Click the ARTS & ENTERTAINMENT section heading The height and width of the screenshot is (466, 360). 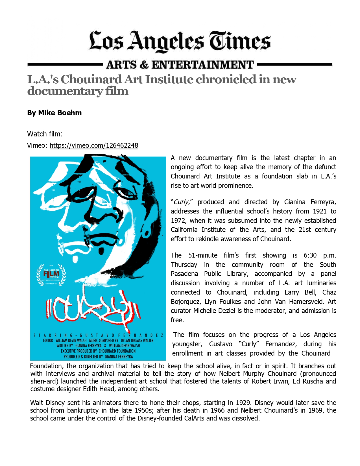(x=180, y=65)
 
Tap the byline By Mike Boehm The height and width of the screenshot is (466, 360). (x=54, y=113)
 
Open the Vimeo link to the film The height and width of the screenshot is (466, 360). (x=94, y=145)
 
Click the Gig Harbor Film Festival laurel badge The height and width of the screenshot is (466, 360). (x=51, y=275)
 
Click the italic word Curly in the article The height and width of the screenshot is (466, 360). (x=181, y=202)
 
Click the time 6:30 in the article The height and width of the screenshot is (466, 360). (x=310, y=255)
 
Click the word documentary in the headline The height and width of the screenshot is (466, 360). (x=65, y=91)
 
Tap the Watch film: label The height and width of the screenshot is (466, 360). (x=45, y=134)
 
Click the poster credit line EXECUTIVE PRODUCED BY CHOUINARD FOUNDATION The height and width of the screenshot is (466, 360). (x=98, y=351)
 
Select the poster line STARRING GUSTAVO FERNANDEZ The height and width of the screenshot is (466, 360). (x=98, y=336)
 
